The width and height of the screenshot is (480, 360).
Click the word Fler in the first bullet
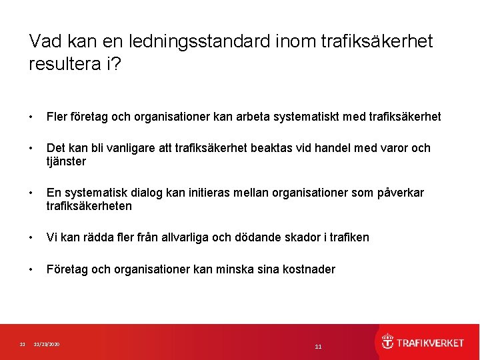pyautogui.click(x=57, y=117)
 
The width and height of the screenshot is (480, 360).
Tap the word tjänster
pyautogui.click(x=66, y=161)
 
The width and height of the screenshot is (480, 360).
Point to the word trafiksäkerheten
pyautogui.click(x=89, y=206)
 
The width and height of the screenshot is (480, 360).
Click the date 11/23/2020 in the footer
pyautogui.click(x=47, y=344)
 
